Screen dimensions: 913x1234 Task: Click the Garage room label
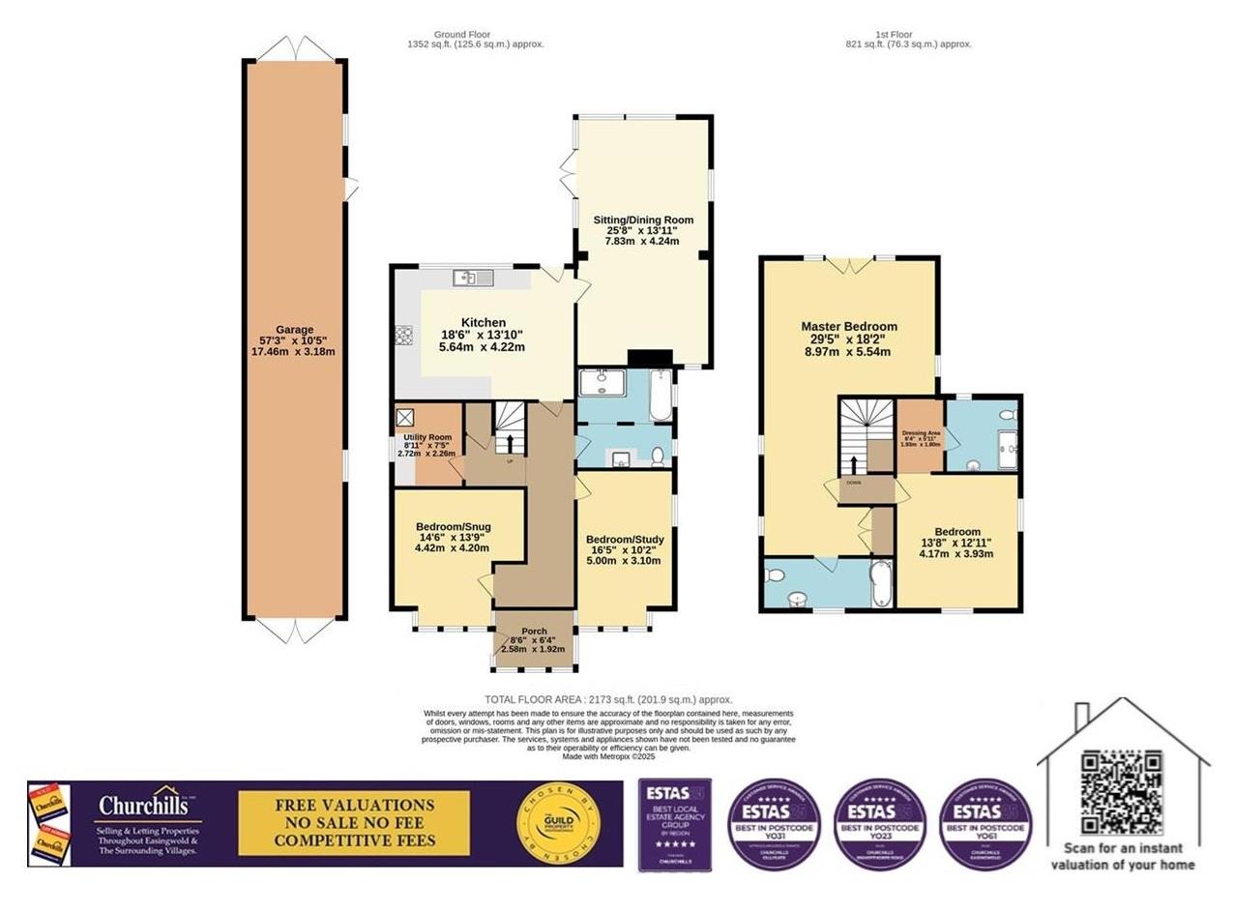coord(293,340)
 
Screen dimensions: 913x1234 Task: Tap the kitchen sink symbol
coord(473,279)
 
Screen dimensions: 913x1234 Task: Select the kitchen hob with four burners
coord(403,336)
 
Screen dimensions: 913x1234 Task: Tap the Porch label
coord(534,639)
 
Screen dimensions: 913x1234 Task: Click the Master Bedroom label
coord(849,339)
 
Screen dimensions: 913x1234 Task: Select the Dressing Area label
coord(920,437)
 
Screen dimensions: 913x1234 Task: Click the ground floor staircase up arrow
coord(511,443)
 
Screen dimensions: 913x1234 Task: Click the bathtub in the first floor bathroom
coord(881,583)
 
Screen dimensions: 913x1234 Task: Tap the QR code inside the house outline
coord(1121,792)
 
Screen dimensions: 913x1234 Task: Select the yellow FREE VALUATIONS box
coord(354,823)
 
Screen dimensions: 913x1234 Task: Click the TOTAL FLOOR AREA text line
coord(608,699)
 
